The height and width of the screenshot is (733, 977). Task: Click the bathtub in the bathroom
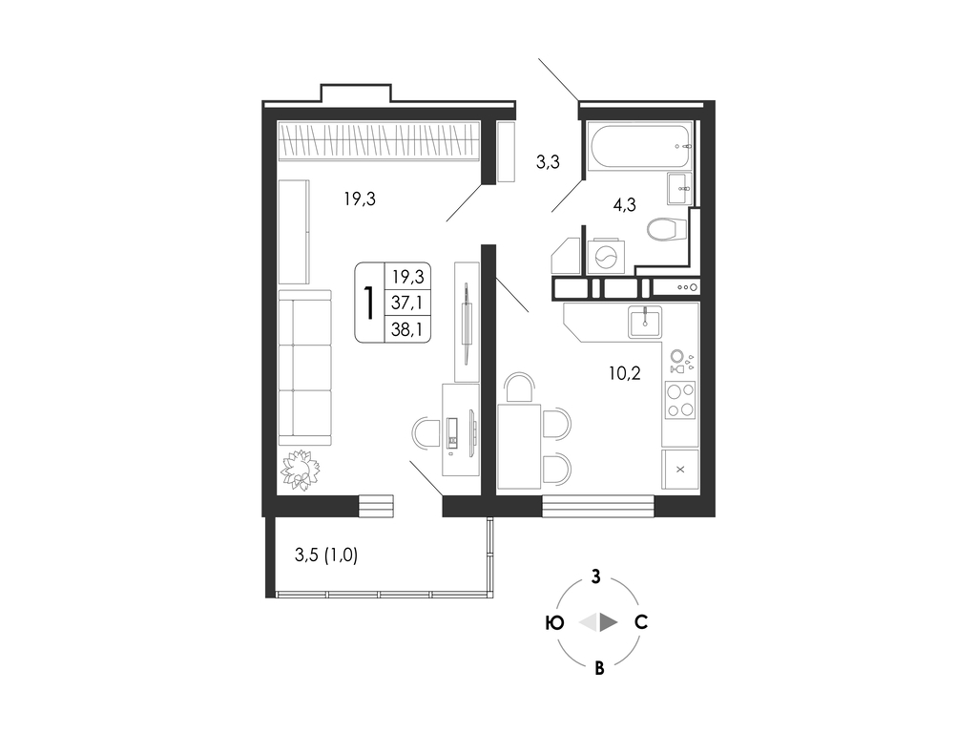click(640, 145)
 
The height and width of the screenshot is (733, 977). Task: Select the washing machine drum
click(606, 256)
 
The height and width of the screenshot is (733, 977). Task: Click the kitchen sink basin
click(645, 323)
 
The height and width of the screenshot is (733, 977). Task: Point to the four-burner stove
click(679, 400)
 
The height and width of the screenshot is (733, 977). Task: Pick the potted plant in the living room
click(300, 470)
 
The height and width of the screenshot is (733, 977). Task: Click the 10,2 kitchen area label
click(624, 373)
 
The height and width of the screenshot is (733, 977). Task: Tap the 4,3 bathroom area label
click(624, 204)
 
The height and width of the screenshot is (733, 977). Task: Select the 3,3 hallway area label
click(548, 162)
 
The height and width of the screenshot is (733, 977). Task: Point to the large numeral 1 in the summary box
click(369, 303)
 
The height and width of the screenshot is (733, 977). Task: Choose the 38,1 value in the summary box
click(406, 329)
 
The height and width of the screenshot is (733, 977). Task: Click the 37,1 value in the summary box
click(406, 303)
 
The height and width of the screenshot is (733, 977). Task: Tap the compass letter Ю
click(554, 622)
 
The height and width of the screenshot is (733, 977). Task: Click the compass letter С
click(641, 622)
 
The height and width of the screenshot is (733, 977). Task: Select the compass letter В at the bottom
click(599, 669)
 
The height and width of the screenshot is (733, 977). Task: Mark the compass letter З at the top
click(596, 576)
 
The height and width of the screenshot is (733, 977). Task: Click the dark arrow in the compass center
click(609, 622)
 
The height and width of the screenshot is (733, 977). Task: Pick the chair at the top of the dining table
click(520, 387)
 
